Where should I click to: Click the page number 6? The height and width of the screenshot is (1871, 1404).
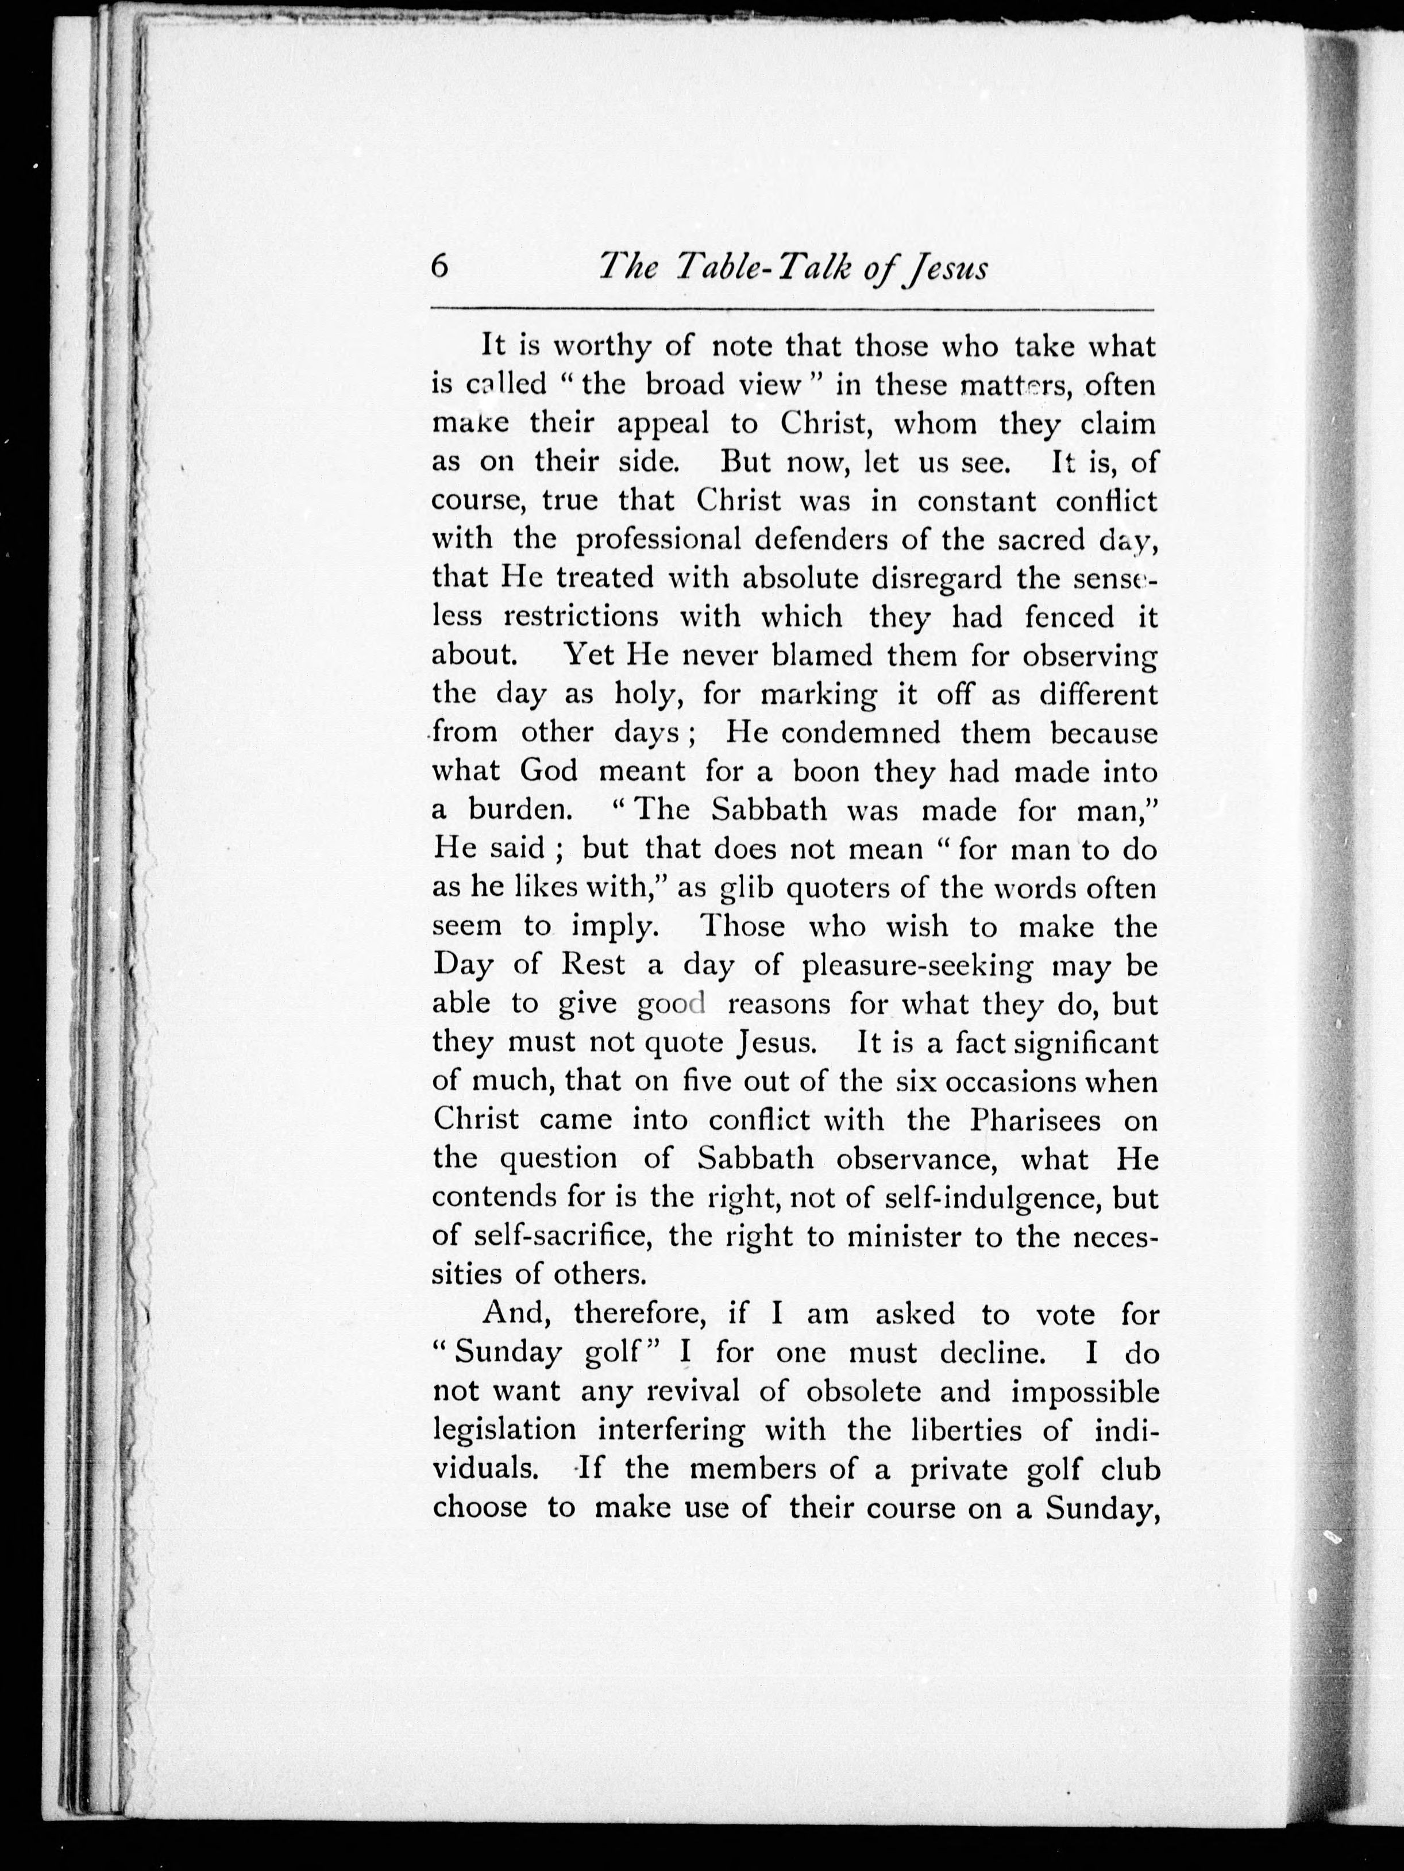[438, 267]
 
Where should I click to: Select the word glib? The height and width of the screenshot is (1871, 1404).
[749, 888]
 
